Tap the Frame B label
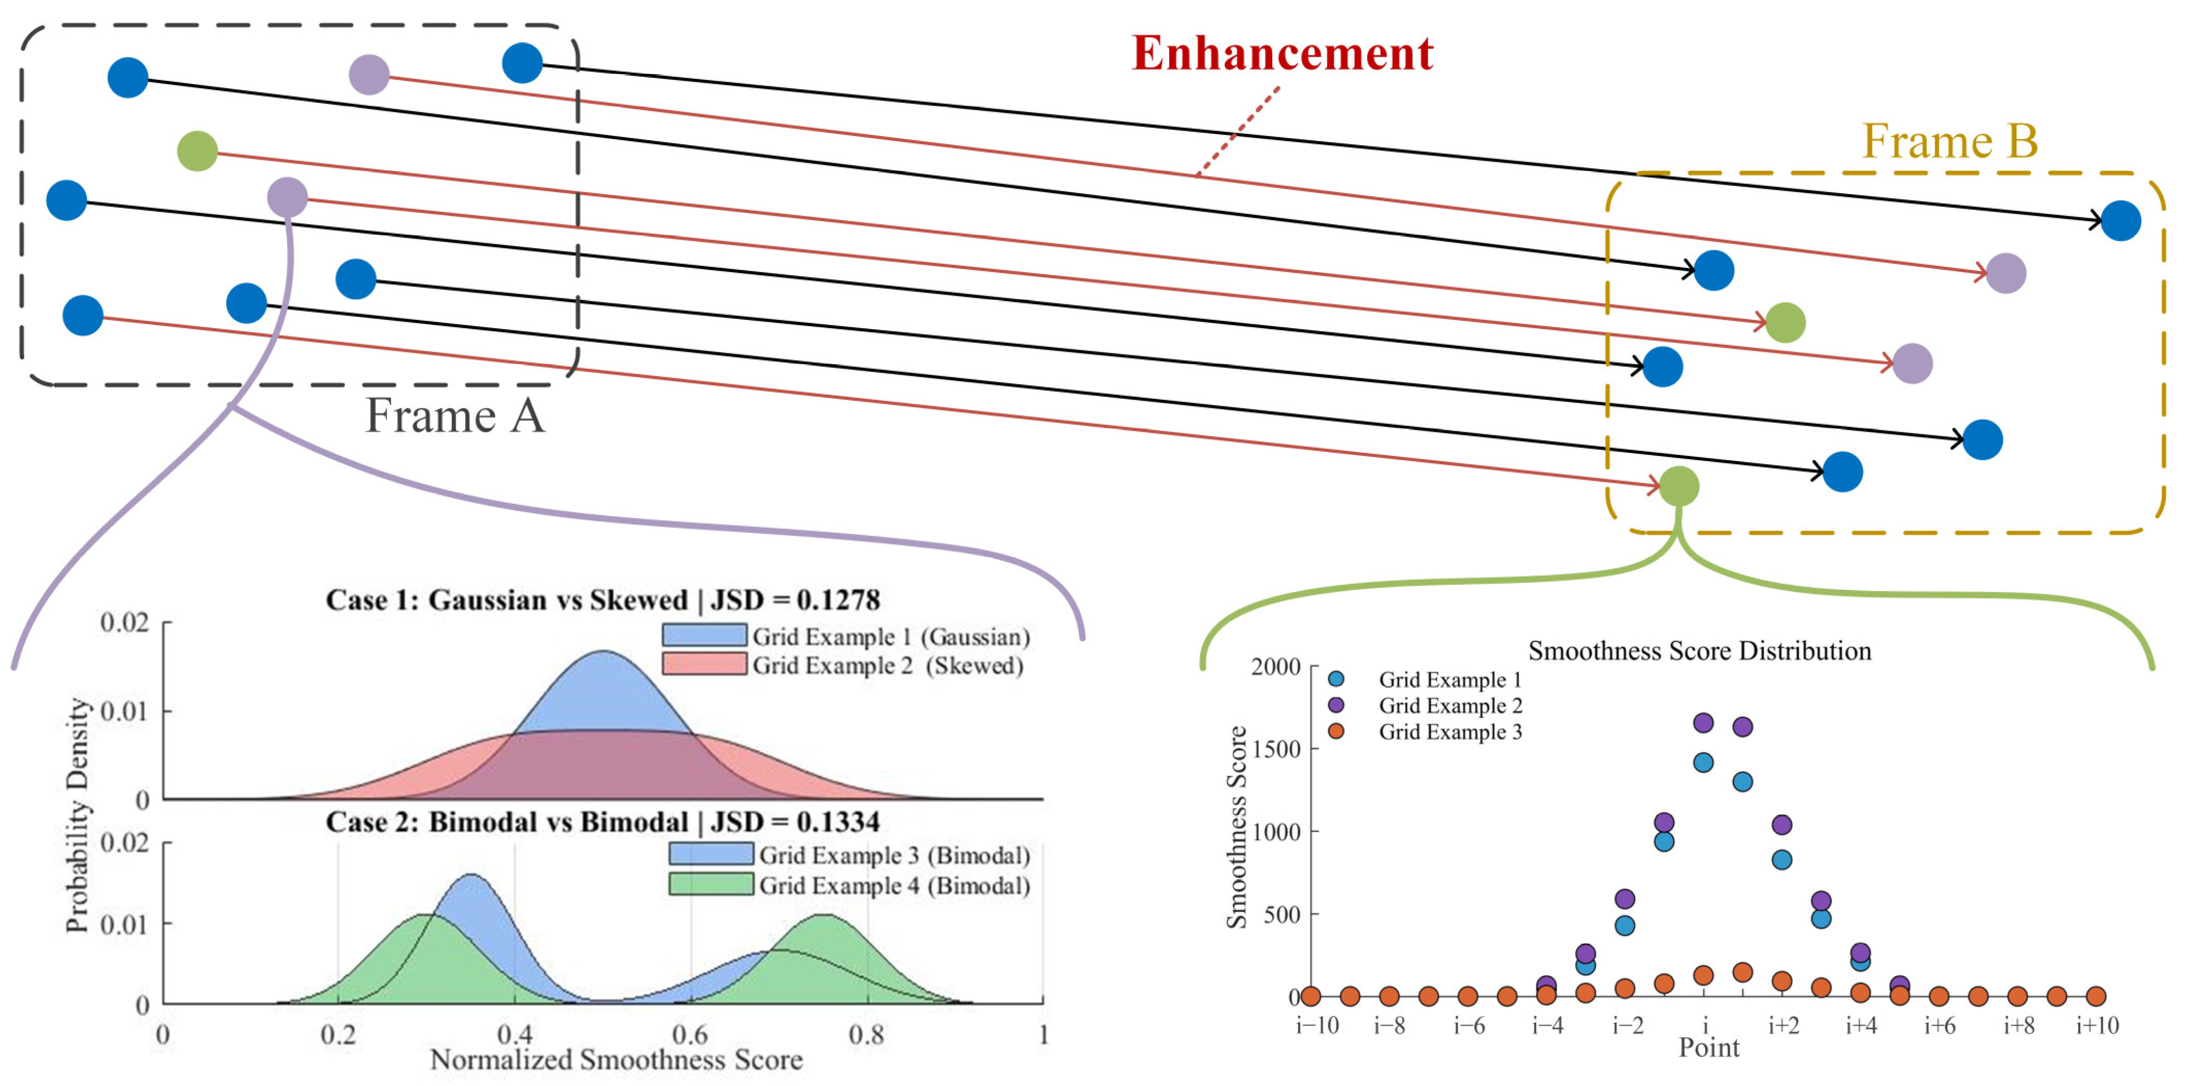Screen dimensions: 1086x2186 [1949, 141]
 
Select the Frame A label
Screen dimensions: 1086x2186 [455, 416]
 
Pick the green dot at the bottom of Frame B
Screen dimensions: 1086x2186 [1678, 486]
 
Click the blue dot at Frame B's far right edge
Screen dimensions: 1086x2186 [2120, 220]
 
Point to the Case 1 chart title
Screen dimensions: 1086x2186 [602, 600]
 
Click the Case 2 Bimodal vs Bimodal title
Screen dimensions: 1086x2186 [602, 821]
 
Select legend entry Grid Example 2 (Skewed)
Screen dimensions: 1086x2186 [887, 665]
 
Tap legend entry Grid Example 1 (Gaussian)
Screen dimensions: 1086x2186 [890, 636]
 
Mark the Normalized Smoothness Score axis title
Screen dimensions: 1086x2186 [616, 1059]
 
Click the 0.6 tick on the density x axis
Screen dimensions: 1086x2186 [690, 1034]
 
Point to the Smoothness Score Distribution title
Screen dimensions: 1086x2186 [1699, 651]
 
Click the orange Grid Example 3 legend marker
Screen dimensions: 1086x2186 [1336, 732]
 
